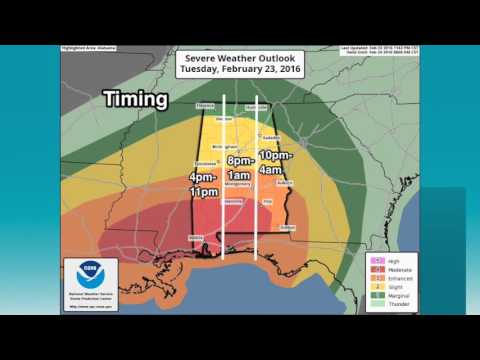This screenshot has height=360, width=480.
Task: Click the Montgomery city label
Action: pos(239,186)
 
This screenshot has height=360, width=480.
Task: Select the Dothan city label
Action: pos(287,228)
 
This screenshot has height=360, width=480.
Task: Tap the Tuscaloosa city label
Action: pos(203,164)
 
